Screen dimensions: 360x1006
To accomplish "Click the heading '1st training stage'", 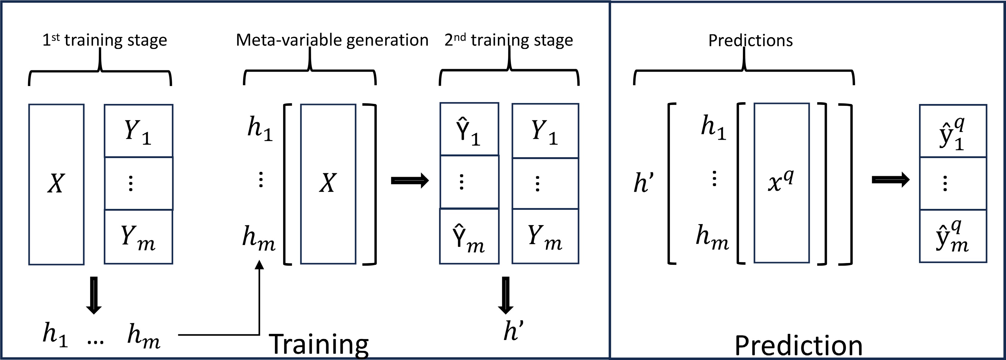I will pyautogui.click(x=105, y=40).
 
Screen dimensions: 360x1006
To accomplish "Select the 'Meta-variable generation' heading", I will pyautogui.click(x=332, y=40).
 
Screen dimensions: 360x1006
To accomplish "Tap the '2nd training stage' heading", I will pyautogui.click(x=508, y=40).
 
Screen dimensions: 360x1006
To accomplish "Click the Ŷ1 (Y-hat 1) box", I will pyautogui.click(x=469, y=129).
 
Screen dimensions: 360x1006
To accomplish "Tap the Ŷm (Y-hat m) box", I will pyautogui.click(x=469, y=237).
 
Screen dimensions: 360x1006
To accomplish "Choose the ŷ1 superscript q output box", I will pyautogui.click(x=952, y=131).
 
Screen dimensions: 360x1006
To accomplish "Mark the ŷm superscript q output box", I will pyautogui.click(x=952, y=236).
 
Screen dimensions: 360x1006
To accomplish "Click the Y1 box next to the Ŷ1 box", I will pyautogui.click(x=545, y=131).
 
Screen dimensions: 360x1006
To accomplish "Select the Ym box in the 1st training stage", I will pyautogui.click(x=138, y=237).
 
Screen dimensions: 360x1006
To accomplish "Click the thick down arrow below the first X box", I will pyautogui.click(x=94, y=295).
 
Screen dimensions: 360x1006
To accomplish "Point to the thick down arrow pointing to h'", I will pyautogui.click(x=506, y=295).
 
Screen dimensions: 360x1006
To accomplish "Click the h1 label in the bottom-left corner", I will pyautogui.click(x=55, y=335).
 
